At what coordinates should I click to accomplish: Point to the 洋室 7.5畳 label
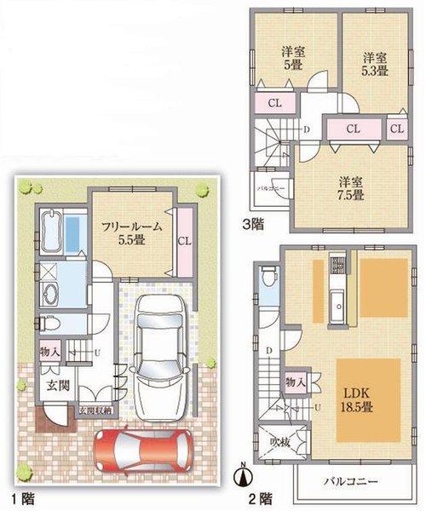(x=350, y=188)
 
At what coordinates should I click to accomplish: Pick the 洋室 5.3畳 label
(x=374, y=65)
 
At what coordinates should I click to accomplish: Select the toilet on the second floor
(x=268, y=278)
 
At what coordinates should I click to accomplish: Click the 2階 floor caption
(x=261, y=496)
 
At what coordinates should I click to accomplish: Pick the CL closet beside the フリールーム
(x=183, y=241)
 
